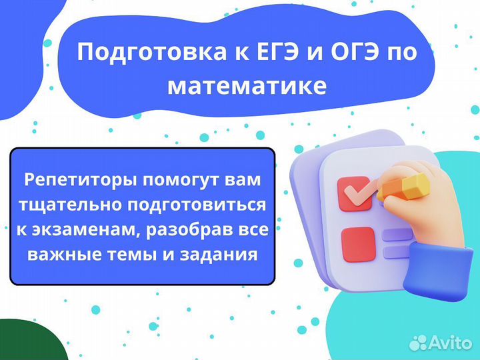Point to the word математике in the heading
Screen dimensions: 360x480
[247, 87]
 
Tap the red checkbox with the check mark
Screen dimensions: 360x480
[355, 194]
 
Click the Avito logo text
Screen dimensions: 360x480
[450, 342]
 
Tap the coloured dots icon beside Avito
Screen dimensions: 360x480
[419, 342]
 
